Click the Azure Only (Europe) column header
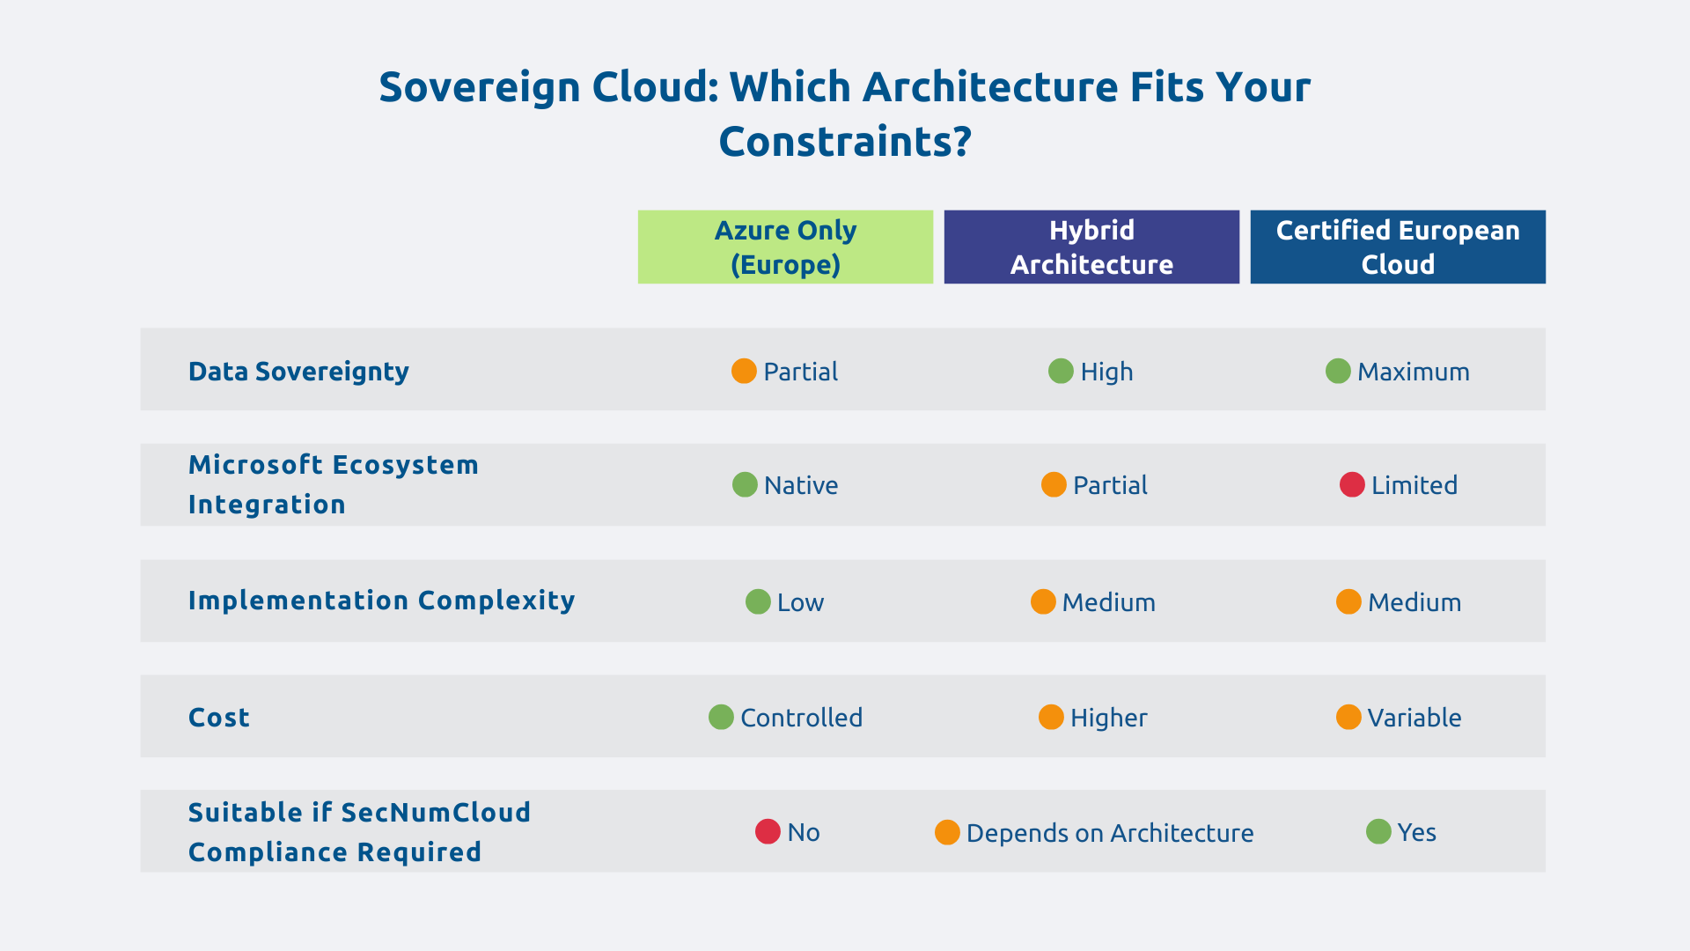785,247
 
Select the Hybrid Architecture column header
1091,247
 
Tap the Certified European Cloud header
1398,247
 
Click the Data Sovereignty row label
298,372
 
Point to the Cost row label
219,718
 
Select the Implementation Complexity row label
381,601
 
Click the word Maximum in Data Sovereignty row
1413,372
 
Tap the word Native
800,485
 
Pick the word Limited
1414,485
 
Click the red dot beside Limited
1352,484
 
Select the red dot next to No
768,831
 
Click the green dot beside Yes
1378,831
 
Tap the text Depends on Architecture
1109,833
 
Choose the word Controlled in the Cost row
801,718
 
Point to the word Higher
1108,718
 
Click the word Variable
1414,718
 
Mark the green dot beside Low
758,601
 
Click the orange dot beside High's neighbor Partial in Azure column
744,371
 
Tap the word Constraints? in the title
845,142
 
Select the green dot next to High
1061,371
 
